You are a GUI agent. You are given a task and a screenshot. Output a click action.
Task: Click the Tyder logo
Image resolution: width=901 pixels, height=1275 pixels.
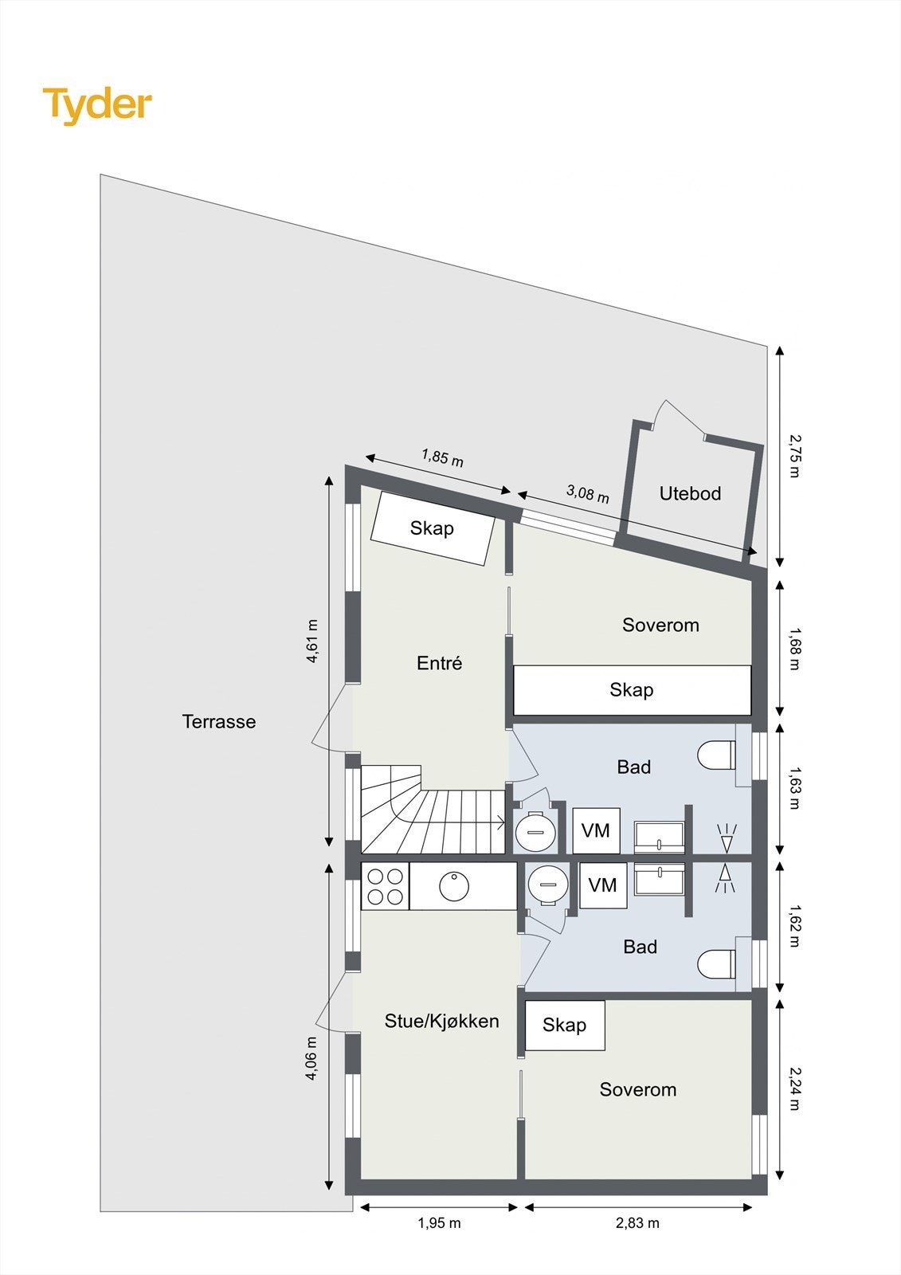point(96,104)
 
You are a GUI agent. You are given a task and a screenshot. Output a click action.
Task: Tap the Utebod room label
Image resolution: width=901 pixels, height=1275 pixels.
point(690,493)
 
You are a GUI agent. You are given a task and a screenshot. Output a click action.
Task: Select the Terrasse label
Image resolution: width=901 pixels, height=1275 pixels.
point(219,721)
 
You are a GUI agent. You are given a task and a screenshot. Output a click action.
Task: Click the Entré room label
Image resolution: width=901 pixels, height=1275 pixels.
point(439,663)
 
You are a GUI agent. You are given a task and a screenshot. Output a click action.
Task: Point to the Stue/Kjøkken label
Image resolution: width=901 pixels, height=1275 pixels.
point(441,1021)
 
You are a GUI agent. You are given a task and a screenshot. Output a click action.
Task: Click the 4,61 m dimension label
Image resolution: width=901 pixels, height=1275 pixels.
point(312,641)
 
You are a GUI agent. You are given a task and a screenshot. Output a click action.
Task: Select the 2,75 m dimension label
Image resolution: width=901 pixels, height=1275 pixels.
point(793,455)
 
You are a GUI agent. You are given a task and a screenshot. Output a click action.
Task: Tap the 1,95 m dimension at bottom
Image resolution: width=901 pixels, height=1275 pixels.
point(439,1223)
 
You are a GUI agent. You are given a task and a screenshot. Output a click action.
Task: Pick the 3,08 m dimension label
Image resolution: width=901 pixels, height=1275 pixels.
point(587,493)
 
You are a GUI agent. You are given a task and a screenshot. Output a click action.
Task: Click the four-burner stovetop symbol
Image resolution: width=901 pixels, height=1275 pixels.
point(385,886)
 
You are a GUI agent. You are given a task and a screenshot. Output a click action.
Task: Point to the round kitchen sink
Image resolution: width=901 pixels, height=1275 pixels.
point(454,886)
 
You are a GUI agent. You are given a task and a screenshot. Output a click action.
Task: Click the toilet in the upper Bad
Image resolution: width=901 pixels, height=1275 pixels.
point(716,755)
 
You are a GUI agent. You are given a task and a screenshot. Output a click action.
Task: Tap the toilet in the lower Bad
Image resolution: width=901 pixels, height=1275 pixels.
point(716,964)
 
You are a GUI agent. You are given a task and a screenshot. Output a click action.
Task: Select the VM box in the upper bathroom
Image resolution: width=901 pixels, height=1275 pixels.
point(595,831)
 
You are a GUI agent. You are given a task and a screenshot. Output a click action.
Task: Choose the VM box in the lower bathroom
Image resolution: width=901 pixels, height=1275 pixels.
point(602,885)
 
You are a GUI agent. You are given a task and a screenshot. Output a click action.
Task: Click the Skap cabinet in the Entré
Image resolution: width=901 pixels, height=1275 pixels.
point(433,528)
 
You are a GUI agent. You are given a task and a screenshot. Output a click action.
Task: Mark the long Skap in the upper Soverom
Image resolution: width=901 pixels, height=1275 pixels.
point(632,690)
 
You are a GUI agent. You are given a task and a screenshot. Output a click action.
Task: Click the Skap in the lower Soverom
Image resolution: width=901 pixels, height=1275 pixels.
point(565,1025)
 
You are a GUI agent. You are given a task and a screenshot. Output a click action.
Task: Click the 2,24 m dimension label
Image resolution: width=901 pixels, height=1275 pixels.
point(793,1089)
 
